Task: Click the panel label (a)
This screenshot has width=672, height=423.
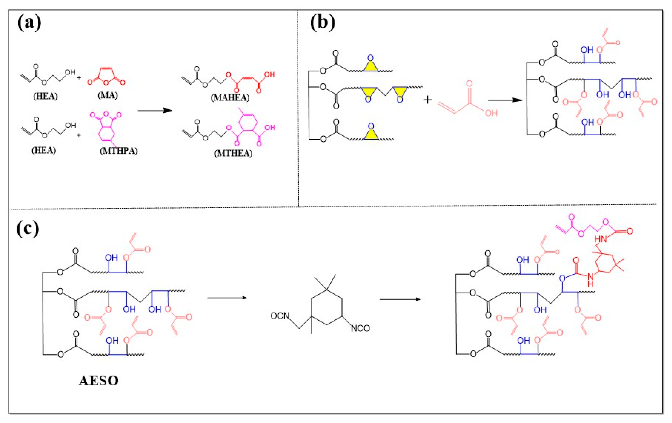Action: coord(29,23)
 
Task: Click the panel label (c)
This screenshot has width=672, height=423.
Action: coord(28,229)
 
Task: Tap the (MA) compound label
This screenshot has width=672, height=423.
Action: coord(108,95)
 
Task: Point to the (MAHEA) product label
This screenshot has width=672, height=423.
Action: coord(230,98)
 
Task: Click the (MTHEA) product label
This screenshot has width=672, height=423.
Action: coord(233,153)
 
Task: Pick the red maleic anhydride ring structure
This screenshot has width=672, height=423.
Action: coord(106,76)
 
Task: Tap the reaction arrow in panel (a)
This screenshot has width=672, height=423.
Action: coord(155,111)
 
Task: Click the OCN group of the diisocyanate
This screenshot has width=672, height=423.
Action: coord(280,316)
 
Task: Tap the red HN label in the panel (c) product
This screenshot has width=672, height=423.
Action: coord(601,239)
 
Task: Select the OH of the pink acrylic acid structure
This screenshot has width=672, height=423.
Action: coord(491,113)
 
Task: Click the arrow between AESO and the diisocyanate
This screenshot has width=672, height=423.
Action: coord(227,298)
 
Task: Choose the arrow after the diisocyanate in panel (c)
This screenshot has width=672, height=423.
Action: coord(400,299)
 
